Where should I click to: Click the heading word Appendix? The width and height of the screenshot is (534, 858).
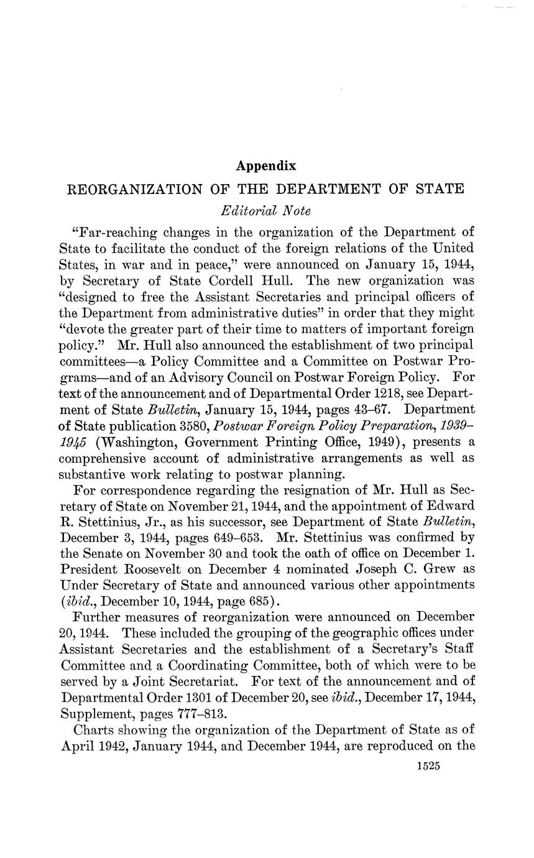(x=266, y=166)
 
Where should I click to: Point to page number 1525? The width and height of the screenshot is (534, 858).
(x=428, y=767)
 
